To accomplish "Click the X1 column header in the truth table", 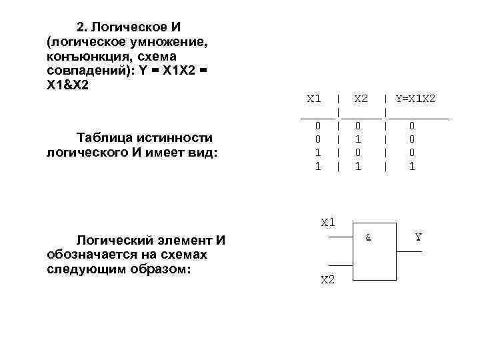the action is (313, 99).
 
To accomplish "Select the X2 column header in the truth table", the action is (361, 99).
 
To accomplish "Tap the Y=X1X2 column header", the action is (415, 99).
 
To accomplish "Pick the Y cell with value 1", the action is (411, 167).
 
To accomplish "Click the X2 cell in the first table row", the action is (358, 125).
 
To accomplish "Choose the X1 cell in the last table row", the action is (318, 167).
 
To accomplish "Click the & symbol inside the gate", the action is (367, 237).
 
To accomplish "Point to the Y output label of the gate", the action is (419, 237).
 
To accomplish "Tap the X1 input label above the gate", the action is (328, 223).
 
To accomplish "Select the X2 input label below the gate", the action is (328, 280).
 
